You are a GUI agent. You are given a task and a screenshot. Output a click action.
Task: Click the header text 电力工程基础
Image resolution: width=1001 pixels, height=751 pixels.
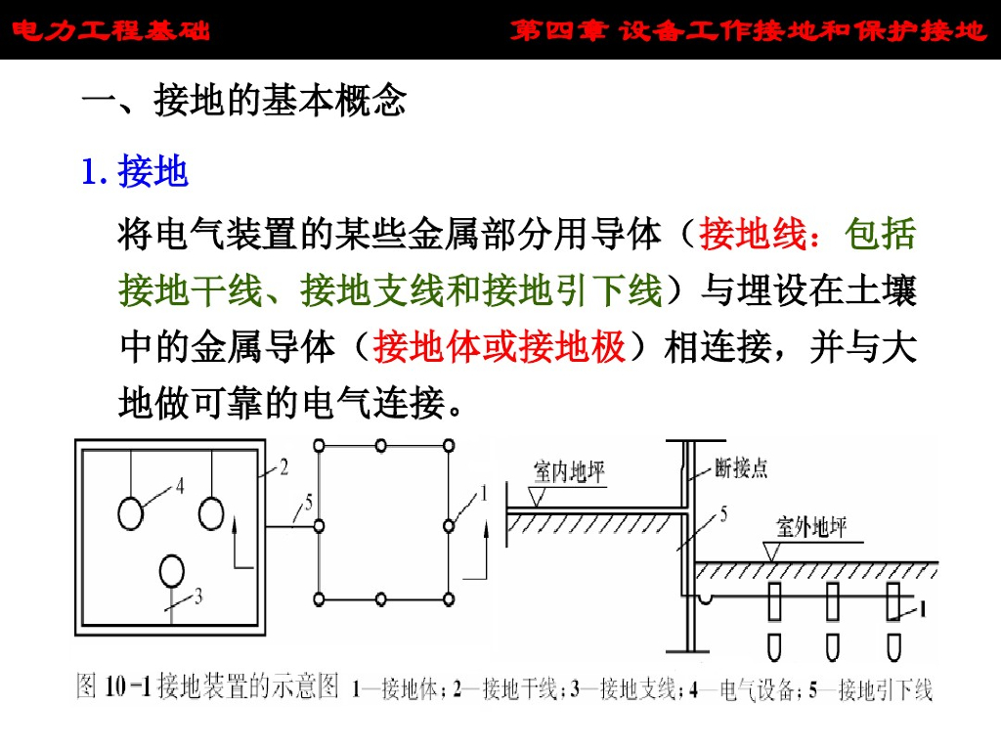pyautogui.click(x=111, y=31)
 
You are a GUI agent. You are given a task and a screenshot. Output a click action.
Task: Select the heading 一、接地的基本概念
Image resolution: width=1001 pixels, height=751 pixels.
pyautogui.click(x=243, y=102)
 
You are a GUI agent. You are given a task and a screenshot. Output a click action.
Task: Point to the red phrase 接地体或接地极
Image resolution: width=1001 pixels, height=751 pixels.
pyautogui.click(x=500, y=346)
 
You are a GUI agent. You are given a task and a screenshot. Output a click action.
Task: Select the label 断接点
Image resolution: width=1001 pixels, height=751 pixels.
pyautogui.click(x=743, y=468)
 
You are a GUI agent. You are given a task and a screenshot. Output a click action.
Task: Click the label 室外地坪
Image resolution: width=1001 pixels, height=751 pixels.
pyautogui.click(x=810, y=528)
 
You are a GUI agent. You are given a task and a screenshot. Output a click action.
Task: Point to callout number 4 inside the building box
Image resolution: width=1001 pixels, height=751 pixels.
pyautogui.click(x=180, y=484)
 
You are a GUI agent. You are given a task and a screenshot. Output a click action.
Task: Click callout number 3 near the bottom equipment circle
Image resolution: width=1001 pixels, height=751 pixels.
pyautogui.click(x=199, y=595)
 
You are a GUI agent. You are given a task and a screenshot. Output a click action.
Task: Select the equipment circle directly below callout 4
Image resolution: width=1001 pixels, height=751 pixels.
pyautogui.click(x=131, y=511)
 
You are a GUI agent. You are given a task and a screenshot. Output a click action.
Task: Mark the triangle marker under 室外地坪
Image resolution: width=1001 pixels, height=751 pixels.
pyautogui.click(x=772, y=552)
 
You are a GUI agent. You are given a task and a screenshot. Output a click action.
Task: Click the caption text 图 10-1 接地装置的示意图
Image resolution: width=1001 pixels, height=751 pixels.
pyautogui.click(x=208, y=686)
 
